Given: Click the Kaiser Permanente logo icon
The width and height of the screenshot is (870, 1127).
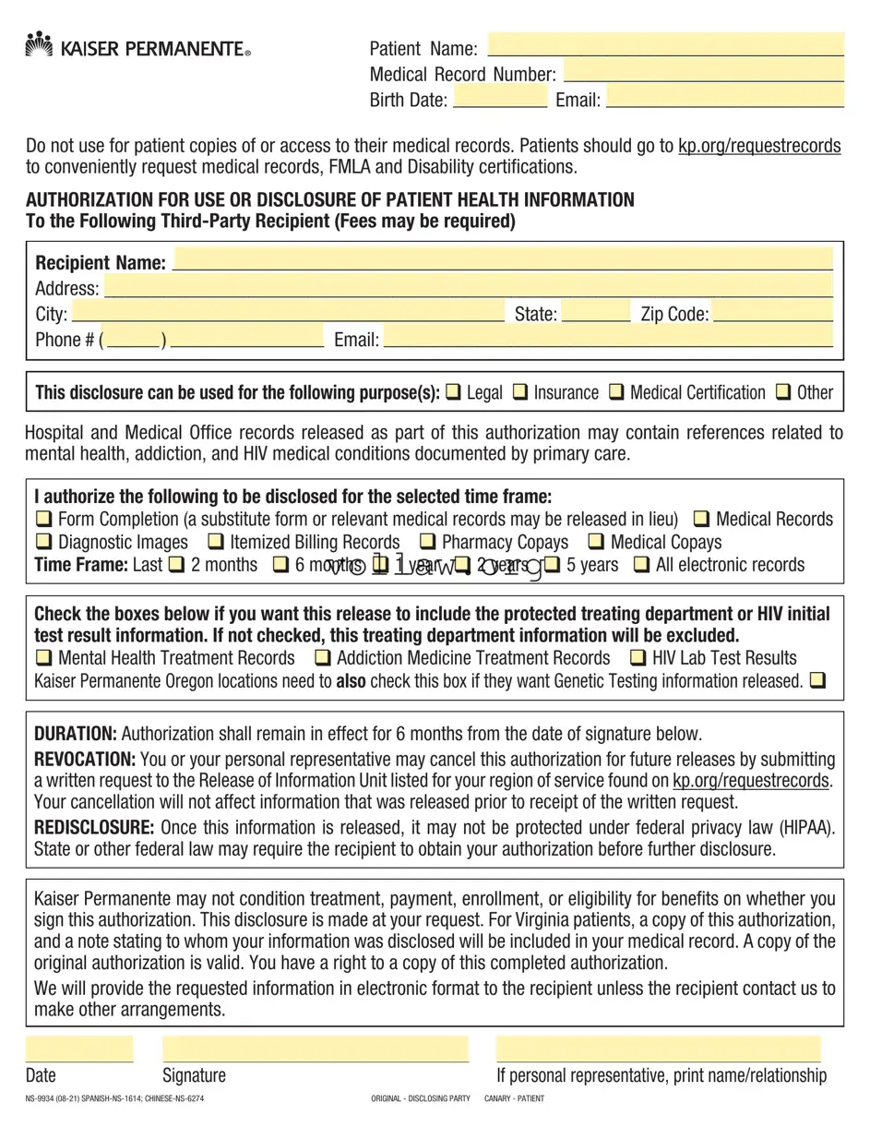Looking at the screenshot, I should (x=39, y=44).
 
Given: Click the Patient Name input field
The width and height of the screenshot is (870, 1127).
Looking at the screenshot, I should (x=665, y=45).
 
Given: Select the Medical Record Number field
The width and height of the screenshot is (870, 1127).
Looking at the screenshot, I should (x=703, y=71).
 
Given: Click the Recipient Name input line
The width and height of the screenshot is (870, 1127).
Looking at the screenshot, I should (x=503, y=259).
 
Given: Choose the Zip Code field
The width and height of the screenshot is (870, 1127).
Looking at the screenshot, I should (x=773, y=312).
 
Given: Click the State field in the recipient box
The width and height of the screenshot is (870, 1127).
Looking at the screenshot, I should (x=595, y=312).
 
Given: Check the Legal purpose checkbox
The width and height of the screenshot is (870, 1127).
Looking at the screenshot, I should (x=453, y=392).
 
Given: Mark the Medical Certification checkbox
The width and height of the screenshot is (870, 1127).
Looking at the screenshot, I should (x=616, y=392).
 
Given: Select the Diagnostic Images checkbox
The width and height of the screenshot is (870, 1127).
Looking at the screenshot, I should (x=43, y=542).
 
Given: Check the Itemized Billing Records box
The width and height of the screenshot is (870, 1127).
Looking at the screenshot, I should (x=215, y=542).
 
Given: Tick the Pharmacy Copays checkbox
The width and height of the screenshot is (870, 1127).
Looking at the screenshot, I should (x=427, y=542).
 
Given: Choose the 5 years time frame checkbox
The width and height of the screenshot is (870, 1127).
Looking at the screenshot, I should (x=552, y=565).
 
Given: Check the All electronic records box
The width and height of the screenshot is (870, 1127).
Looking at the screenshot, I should (x=641, y=565).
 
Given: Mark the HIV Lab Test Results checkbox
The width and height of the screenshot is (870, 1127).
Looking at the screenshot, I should (x=638, y=658).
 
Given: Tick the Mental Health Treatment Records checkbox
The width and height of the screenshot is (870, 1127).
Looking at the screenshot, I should (x=43, y=658).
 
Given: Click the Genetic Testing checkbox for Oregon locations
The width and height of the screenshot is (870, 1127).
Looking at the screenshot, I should (x=817, y=681).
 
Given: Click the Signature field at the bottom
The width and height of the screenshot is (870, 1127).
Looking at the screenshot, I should (x=315, y=1049).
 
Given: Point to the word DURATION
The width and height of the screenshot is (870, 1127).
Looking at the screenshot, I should (x=75, y=735).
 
